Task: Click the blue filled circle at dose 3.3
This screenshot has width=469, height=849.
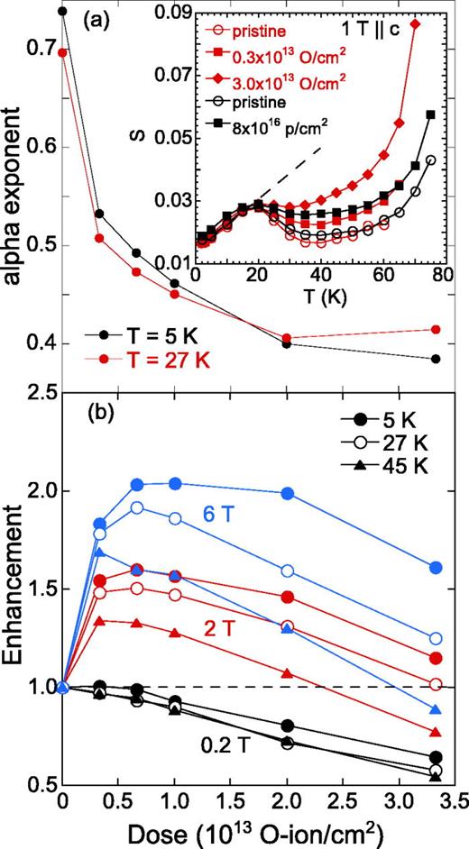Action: click(x=436, y=568)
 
